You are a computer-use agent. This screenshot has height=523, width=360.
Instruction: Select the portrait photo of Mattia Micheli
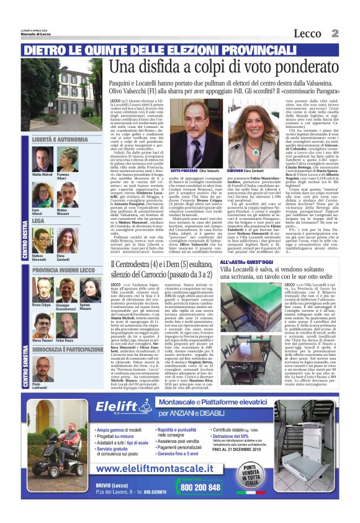point(42,163)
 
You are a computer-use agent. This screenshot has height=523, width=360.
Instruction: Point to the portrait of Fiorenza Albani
point(65,163)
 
